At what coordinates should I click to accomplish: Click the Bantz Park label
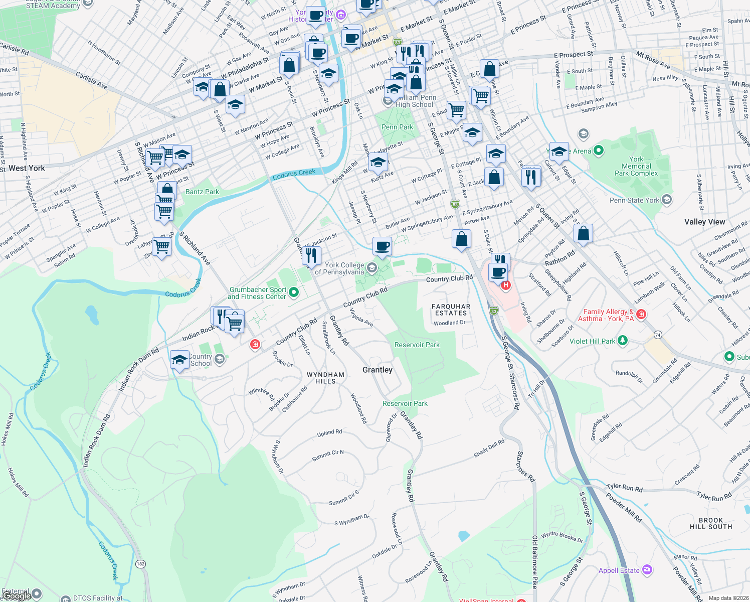coord(202,192)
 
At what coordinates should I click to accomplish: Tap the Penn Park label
coord(397,127)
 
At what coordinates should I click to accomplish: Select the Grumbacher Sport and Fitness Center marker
coord(294,291)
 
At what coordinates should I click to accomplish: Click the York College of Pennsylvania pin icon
coord(372,267)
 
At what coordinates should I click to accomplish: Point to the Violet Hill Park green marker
coord(623,341)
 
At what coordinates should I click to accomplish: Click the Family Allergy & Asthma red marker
coord(641,315)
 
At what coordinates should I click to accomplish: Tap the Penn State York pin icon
coord(667,200)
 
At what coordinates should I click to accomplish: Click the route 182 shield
coord(140,564)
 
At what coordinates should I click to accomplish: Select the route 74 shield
coord(658,335)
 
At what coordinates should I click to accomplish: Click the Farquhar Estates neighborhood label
coord(451,310)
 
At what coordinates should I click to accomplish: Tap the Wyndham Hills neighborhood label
coord(325,378)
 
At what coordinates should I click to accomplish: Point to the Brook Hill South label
coord(711,523)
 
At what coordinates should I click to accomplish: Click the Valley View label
coord(704,222)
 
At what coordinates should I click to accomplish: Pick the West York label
coord(27,168)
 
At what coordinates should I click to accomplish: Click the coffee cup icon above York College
coord(382,247)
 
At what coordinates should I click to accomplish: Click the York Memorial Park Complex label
coord(636,166)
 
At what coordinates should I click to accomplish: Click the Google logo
coord(17,595)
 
